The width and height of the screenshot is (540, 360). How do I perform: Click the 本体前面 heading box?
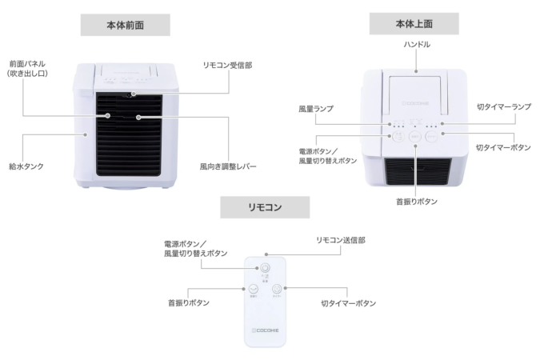click(x=125, y=26)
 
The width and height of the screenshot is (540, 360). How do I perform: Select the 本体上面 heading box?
click(x=414, y=24)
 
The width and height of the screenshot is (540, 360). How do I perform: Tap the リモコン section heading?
click(x=264, y=207)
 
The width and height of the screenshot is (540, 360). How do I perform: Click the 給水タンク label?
click(x=26, y=167)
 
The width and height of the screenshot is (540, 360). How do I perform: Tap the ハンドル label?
click(x=416, y=45)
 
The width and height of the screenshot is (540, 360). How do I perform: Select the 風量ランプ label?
click(x=316, y=107)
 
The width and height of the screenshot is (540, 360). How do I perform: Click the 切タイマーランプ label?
click(x=504, y=107)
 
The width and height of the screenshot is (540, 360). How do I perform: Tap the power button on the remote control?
click(x=265, y=270)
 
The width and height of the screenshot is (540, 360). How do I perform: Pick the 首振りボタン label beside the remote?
click(x=189, y=303)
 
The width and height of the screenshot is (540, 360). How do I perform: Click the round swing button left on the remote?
click(x=253, y=290)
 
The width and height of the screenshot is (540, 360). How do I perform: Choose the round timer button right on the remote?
click(x=277, y=290)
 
